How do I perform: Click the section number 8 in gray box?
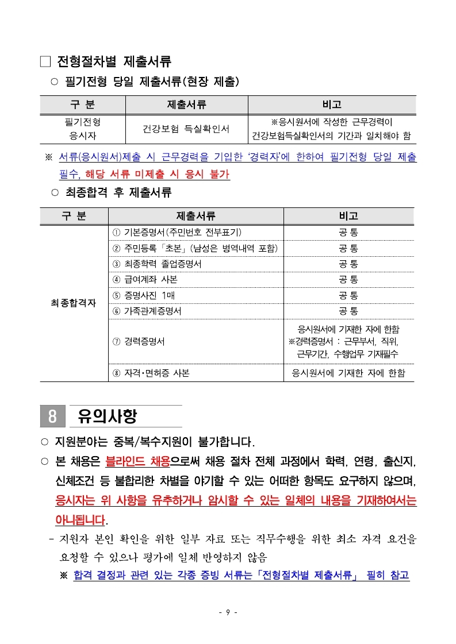pyautogui.click(x=52, y=417)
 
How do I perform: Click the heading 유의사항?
pyautogui.click(x=108, y=417)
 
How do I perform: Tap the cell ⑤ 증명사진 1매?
pyautogui.click(x=144, y=295)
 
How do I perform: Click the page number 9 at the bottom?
pyautogui.click(x=228, y=612)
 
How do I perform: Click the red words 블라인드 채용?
pyautogui.click(x=137, y=461)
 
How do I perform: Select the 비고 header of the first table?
pyautogui.click(x=332, y=105)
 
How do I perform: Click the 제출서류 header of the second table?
pyautogui.click(x=196, y=216)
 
